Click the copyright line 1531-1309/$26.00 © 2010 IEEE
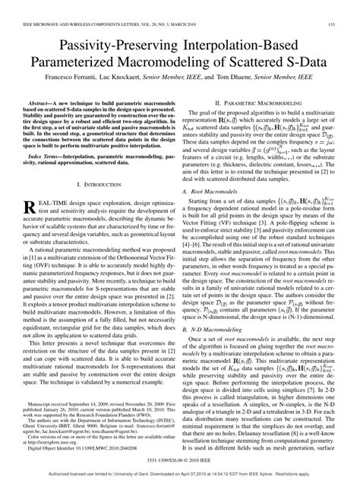[x=179, y=460]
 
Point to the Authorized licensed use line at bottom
[x=179, y=474]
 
